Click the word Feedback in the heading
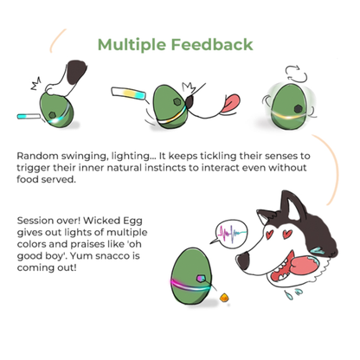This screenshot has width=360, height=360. click(x=214, y=44)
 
